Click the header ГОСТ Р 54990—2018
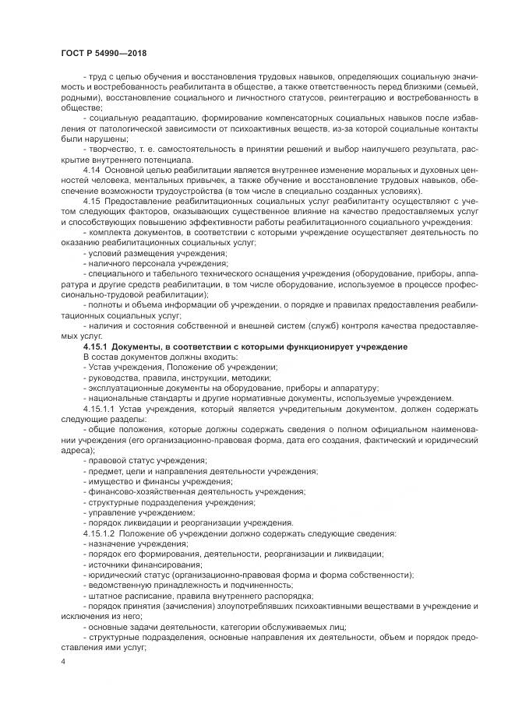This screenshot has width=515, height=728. click(x=103, y=52)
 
